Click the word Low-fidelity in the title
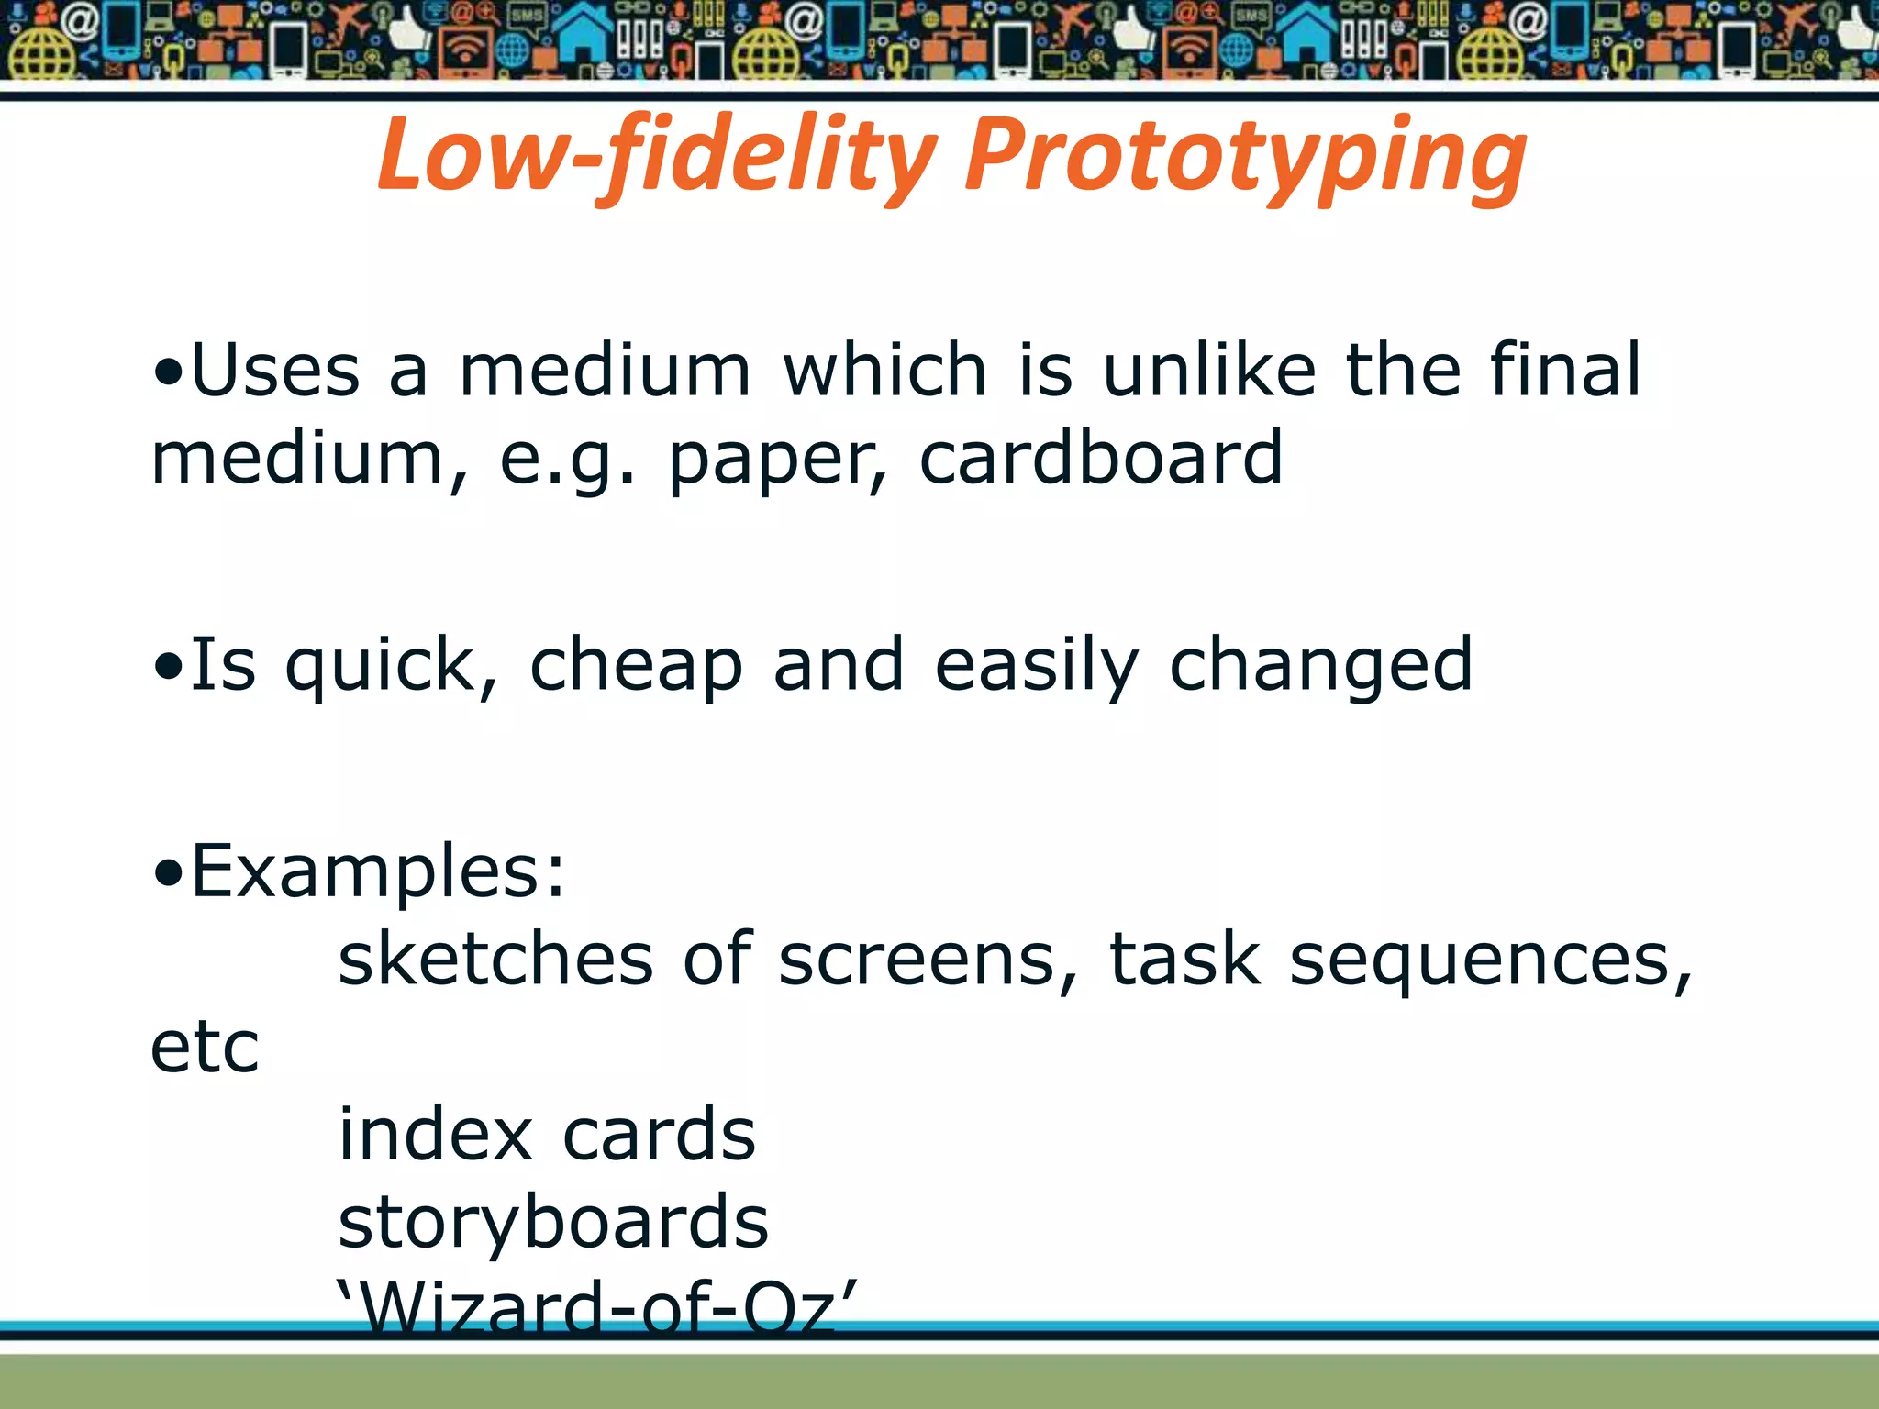[x=657, y=154]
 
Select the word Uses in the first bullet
[x=275, y=370]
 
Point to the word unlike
[x=1209, y=370]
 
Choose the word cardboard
[x=1101, y=458]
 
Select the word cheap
[x=636, y=666]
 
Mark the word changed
[x=1321, y=666]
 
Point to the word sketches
[x=495, y=959]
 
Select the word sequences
[x=1491, y=959]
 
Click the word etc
[x=205, y=1048]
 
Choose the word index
[x=435, y=1135]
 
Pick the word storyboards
[x=553, y=1223]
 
